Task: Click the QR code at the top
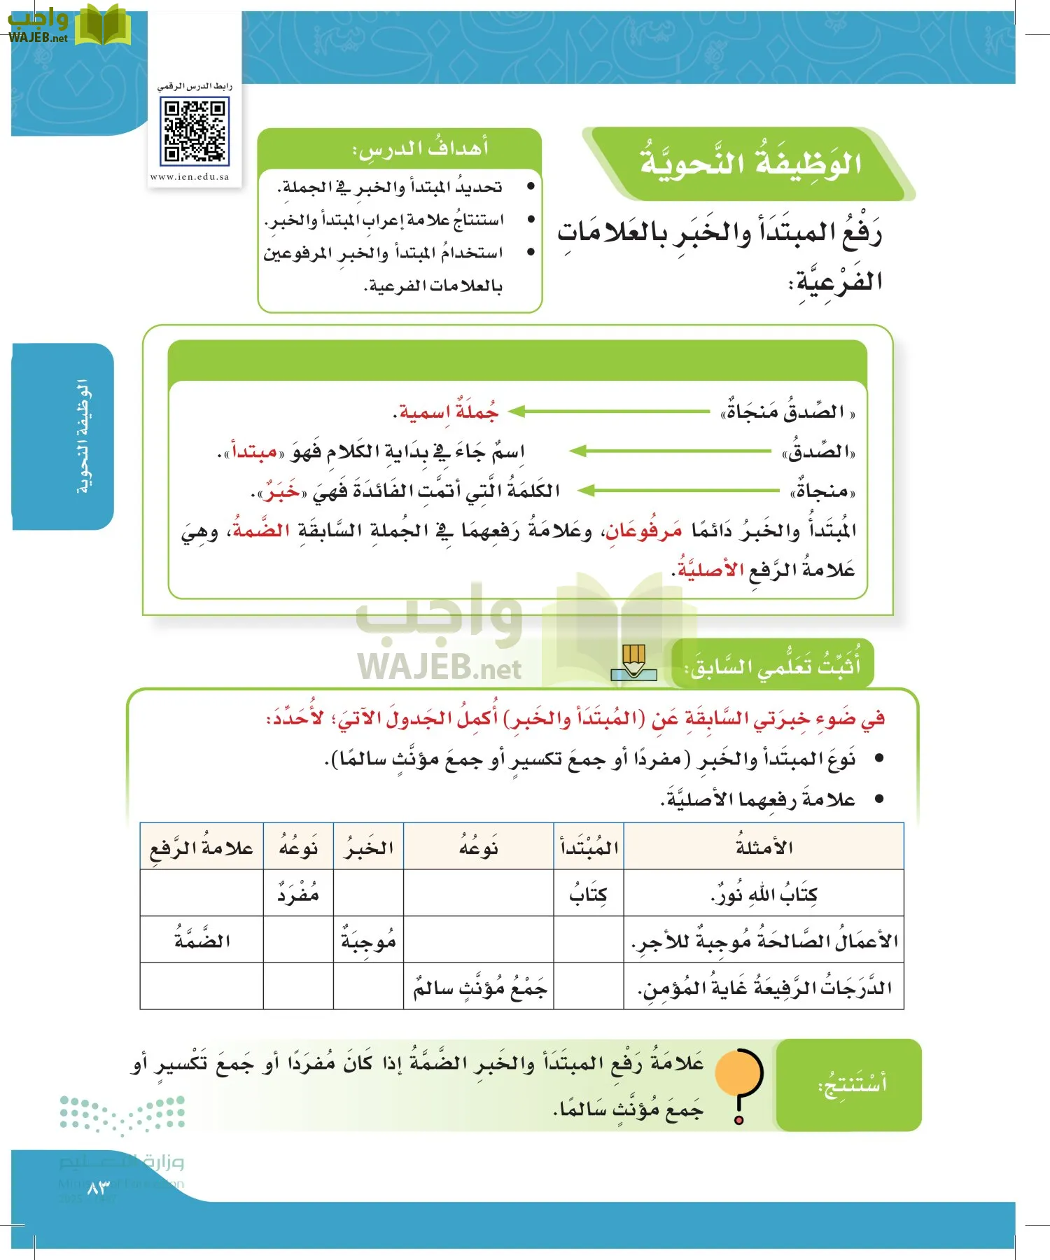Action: point(195,131)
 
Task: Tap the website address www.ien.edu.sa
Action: point(190,177)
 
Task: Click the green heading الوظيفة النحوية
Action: point(750,163)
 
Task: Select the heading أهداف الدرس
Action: point(420,149)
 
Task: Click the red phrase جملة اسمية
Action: point(446,412)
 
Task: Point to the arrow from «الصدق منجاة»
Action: point(609,412)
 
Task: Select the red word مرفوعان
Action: point(643,531)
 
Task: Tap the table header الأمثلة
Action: point(764,847)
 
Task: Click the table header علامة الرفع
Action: point(202,847)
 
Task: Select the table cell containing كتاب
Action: point(588,894)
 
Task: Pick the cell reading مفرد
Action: point(298,894)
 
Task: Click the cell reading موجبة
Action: point(368,941)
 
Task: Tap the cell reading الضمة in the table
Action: point(202,941)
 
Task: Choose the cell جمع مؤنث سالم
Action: point(479,987)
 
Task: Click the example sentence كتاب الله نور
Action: point(764,894)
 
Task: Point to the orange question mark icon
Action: point(739,1084)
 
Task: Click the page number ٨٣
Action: point(99,1188)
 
